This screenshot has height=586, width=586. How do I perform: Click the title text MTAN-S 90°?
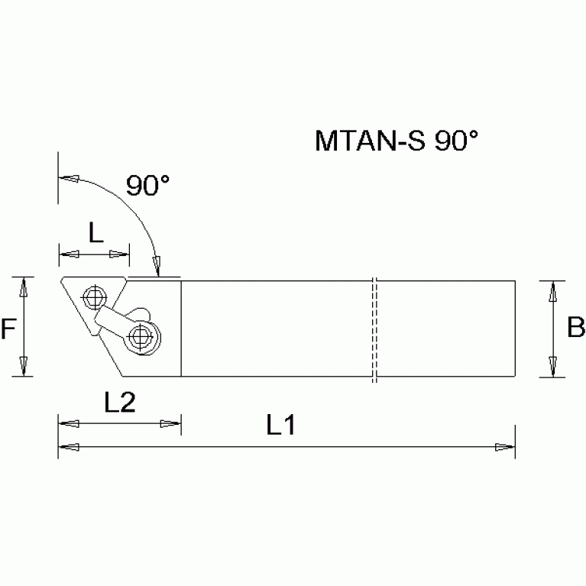pos(395,141)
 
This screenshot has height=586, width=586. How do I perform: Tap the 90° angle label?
pos(147,186)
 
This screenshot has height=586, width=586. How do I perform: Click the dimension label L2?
pos(119,403)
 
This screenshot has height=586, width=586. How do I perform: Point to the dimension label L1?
pos(281,426)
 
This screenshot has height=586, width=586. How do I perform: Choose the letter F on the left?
pos(8,329)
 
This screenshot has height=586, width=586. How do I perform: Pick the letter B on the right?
pos(575,328)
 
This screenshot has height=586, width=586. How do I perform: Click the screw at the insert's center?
pos(95,296)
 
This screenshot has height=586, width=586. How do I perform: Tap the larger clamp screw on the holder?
pos(142,335)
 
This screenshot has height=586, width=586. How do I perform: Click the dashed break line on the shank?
pos(374,329)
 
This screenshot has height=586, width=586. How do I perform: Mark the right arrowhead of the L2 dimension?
pos(172,423)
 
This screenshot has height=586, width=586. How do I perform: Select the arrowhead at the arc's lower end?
pos(158,267)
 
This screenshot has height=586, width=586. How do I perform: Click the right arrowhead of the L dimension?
pos(121,254)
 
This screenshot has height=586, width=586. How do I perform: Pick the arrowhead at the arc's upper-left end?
pos(68,179)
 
